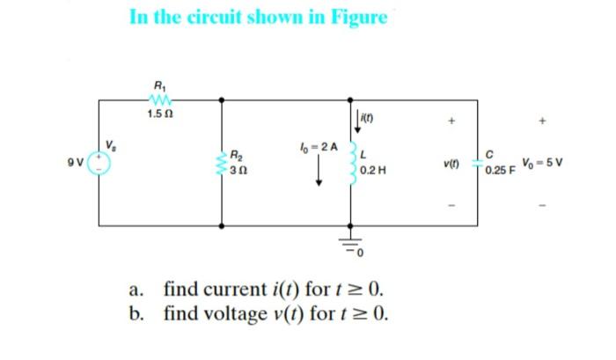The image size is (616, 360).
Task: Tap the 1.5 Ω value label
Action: (159, 114)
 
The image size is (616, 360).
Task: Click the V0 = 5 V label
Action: (542, 162)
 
